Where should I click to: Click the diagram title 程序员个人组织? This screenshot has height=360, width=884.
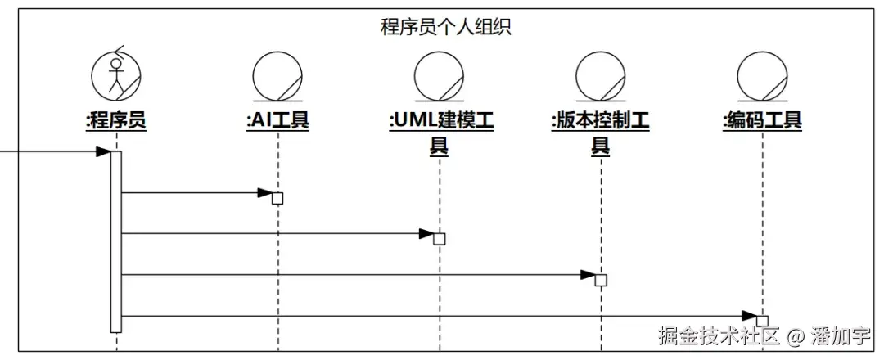coord(446,27)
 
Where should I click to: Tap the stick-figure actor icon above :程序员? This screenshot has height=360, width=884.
coord(116,74)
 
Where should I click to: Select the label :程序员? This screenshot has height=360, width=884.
coord(116,121)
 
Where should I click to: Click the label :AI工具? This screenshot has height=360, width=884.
coord(278,121)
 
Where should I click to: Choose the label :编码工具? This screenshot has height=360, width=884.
coord(762,121)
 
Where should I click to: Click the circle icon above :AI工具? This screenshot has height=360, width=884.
coord(278,76)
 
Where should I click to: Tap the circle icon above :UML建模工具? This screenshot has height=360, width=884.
coord(440,76)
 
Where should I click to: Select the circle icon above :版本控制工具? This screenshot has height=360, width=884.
coord(601,76)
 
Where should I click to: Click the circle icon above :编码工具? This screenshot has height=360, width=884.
coord(762,76)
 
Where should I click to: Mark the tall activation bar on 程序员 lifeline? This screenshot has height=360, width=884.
coord(116,241)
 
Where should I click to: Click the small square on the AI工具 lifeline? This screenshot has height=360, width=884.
coord(277,198)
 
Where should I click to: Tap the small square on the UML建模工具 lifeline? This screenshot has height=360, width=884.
coord(440,239)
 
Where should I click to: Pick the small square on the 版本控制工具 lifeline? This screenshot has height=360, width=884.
coord(601,280)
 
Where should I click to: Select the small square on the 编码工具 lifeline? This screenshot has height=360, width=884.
coord(762,321)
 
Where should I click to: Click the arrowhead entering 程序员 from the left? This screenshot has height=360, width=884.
coord(103,151)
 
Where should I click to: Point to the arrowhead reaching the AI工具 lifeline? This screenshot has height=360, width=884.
coord(264,193)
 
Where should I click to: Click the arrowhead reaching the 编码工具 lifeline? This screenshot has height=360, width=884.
coord(749,316)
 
